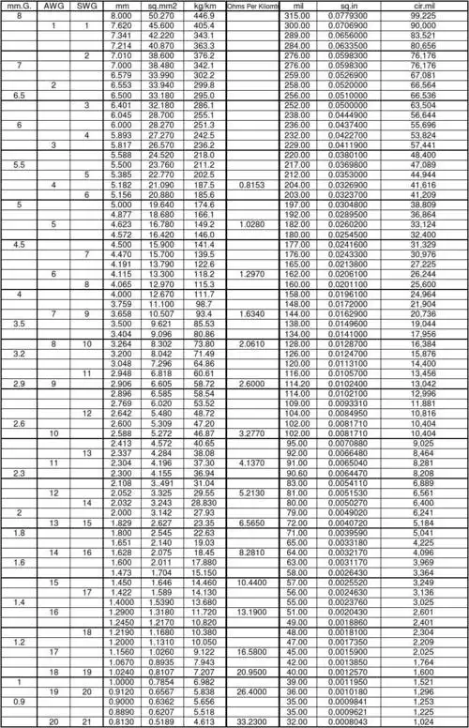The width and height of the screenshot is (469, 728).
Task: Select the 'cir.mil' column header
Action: click(x=423, y=6)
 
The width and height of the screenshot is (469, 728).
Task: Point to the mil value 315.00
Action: click(x=297, y=16)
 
